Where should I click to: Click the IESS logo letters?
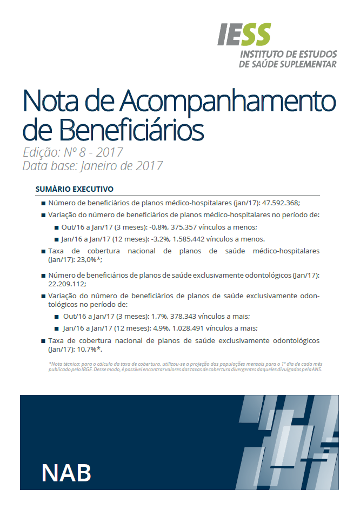pyautogui.click(x=244, y=35)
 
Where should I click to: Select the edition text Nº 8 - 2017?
pyautogui.click(x=94, y=152)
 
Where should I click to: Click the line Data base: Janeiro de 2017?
pyautogui.click(x=92, y=166)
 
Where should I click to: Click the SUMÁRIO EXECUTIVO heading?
pyautogui.click(x=74, y=190)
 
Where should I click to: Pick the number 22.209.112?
pyautogui.click(x=67, y=284)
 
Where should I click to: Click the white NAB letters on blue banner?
pyautogui.click(x=66, y=471)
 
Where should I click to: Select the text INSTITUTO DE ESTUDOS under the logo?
pyautogui.click(x=288, y=55)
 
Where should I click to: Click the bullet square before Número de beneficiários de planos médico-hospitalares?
pyautogui.click(x=43, y=204)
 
